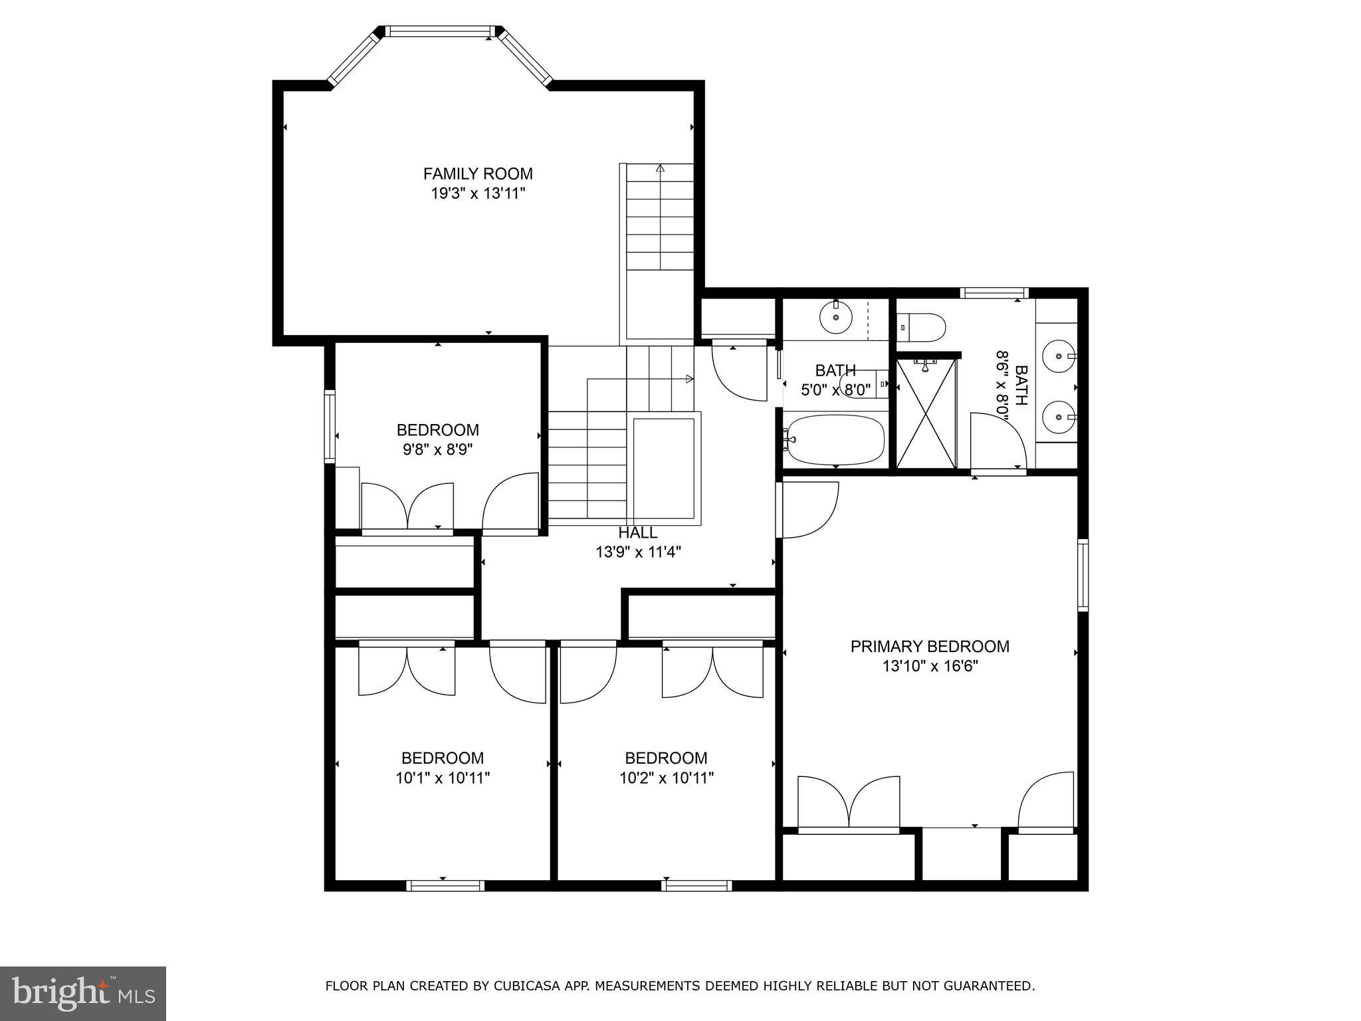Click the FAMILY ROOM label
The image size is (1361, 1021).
pos(478,174)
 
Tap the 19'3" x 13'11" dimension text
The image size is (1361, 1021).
pos(478,194)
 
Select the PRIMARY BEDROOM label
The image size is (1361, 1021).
pos(930,646)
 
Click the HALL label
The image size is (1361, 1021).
pos(637,532)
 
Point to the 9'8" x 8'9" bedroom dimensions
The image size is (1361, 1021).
pos(438,450)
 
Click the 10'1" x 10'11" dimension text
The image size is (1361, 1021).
pos(443,778)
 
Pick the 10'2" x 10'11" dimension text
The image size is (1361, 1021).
pos(667,778)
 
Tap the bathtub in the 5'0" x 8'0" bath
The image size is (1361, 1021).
pos(835,440)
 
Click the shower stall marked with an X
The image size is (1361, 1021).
pos(926,413)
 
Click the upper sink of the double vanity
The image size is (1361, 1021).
pos(1057,356)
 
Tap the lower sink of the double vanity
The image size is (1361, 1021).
pos(1057,417)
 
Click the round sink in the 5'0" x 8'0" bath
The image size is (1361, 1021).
pos(835,318)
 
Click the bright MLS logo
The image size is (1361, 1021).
pos(82,993)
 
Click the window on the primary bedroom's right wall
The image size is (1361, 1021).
pos(1083,576)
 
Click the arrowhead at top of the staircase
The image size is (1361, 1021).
pos(660,168)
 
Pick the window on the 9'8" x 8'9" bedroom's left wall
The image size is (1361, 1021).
pos(330,426)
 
